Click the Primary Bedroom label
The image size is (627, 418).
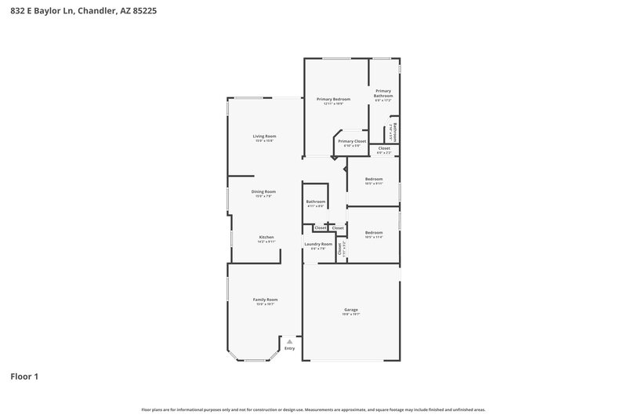point(333,100)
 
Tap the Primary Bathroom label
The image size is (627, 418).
point(383,93)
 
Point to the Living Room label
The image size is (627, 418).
point(264,136)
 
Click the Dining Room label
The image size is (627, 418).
point(263,192)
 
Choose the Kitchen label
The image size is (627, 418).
point(266,237)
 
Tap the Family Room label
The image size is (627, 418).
point(265,300)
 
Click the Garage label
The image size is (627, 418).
point(350,310)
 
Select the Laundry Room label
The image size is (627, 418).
point(319,244)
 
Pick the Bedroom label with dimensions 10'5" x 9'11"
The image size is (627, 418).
point(374,179)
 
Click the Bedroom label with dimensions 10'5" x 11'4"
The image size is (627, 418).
point(374,232)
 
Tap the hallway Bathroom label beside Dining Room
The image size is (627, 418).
point(316,202)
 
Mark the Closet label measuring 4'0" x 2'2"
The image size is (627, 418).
point(384,148)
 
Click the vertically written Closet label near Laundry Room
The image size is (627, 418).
point(339,249)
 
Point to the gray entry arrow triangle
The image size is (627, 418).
point(290,341)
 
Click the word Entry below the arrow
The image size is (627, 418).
point(290,348)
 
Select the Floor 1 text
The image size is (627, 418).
point(24,376)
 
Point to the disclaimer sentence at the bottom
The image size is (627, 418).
point(313,409)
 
